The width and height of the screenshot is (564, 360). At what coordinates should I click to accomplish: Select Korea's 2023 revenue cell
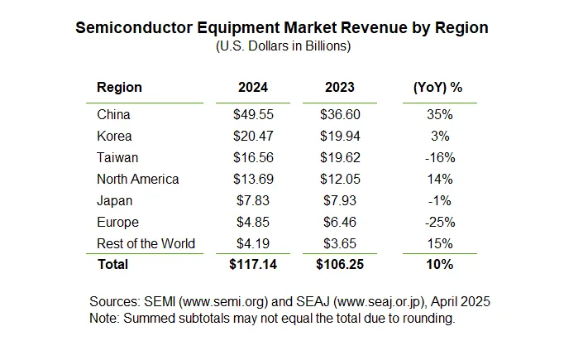[337, 137]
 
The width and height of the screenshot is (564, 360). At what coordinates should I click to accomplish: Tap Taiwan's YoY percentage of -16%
[440, 158]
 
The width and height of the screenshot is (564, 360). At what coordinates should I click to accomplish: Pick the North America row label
[137, 180]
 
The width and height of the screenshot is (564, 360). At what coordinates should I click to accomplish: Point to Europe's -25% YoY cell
[440, 223]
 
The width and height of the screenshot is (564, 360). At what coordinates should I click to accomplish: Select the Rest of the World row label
[146, 243]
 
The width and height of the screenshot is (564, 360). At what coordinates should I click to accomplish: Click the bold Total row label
[112, 264]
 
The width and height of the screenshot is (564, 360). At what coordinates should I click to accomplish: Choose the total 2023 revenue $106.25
[337, 264]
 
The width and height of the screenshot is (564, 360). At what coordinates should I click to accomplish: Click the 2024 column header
[251, 87]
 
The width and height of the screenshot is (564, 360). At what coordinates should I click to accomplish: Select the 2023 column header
[337, 87]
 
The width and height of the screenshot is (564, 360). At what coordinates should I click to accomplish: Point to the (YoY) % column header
[437, 87]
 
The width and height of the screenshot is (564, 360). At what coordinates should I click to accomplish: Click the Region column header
[119, 87]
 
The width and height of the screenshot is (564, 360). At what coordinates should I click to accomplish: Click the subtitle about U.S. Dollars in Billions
[282, 46]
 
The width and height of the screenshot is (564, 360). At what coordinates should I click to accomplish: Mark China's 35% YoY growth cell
[440, 115]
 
